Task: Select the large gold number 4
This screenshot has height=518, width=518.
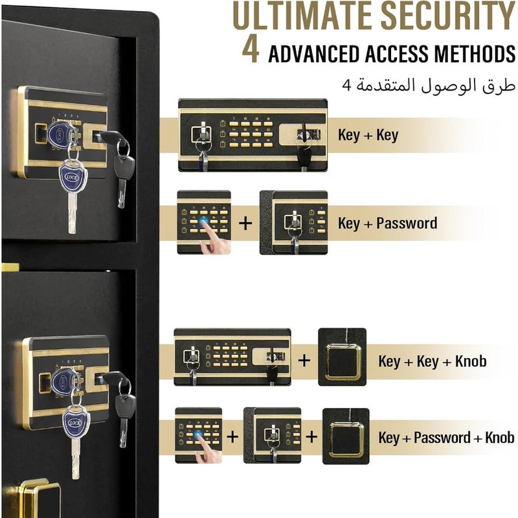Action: pyautogui.click(x=251, y=51)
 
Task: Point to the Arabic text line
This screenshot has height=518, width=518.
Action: pyautogui.click(x=429, y=85)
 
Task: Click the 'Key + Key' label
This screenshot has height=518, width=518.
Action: pyautogui.click(x=368, y=135)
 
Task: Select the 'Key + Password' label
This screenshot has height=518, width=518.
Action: pyautogui.click(x=387, y=223)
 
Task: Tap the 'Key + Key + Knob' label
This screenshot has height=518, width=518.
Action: pyautogui.click(x=433, y=361)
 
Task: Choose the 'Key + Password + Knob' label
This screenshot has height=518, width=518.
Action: pyautogui.click(x=446, y=438)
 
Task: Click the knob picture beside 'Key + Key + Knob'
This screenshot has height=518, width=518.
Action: pyautogui.click(x=342, y=357)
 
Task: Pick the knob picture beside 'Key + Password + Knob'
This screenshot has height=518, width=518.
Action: pyautogui.click(x=346, y=436)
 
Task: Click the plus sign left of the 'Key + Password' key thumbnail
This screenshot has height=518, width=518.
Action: pyautogui.click(x=245, y=223)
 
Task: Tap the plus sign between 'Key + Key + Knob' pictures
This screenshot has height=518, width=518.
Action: pyautogui.click(x=304, y=361)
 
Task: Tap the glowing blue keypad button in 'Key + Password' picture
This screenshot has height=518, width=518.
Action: pyautogui.click(x=203, y=221)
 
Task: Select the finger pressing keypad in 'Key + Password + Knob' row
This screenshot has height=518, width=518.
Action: pyautogui.click(x=207, y=449)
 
